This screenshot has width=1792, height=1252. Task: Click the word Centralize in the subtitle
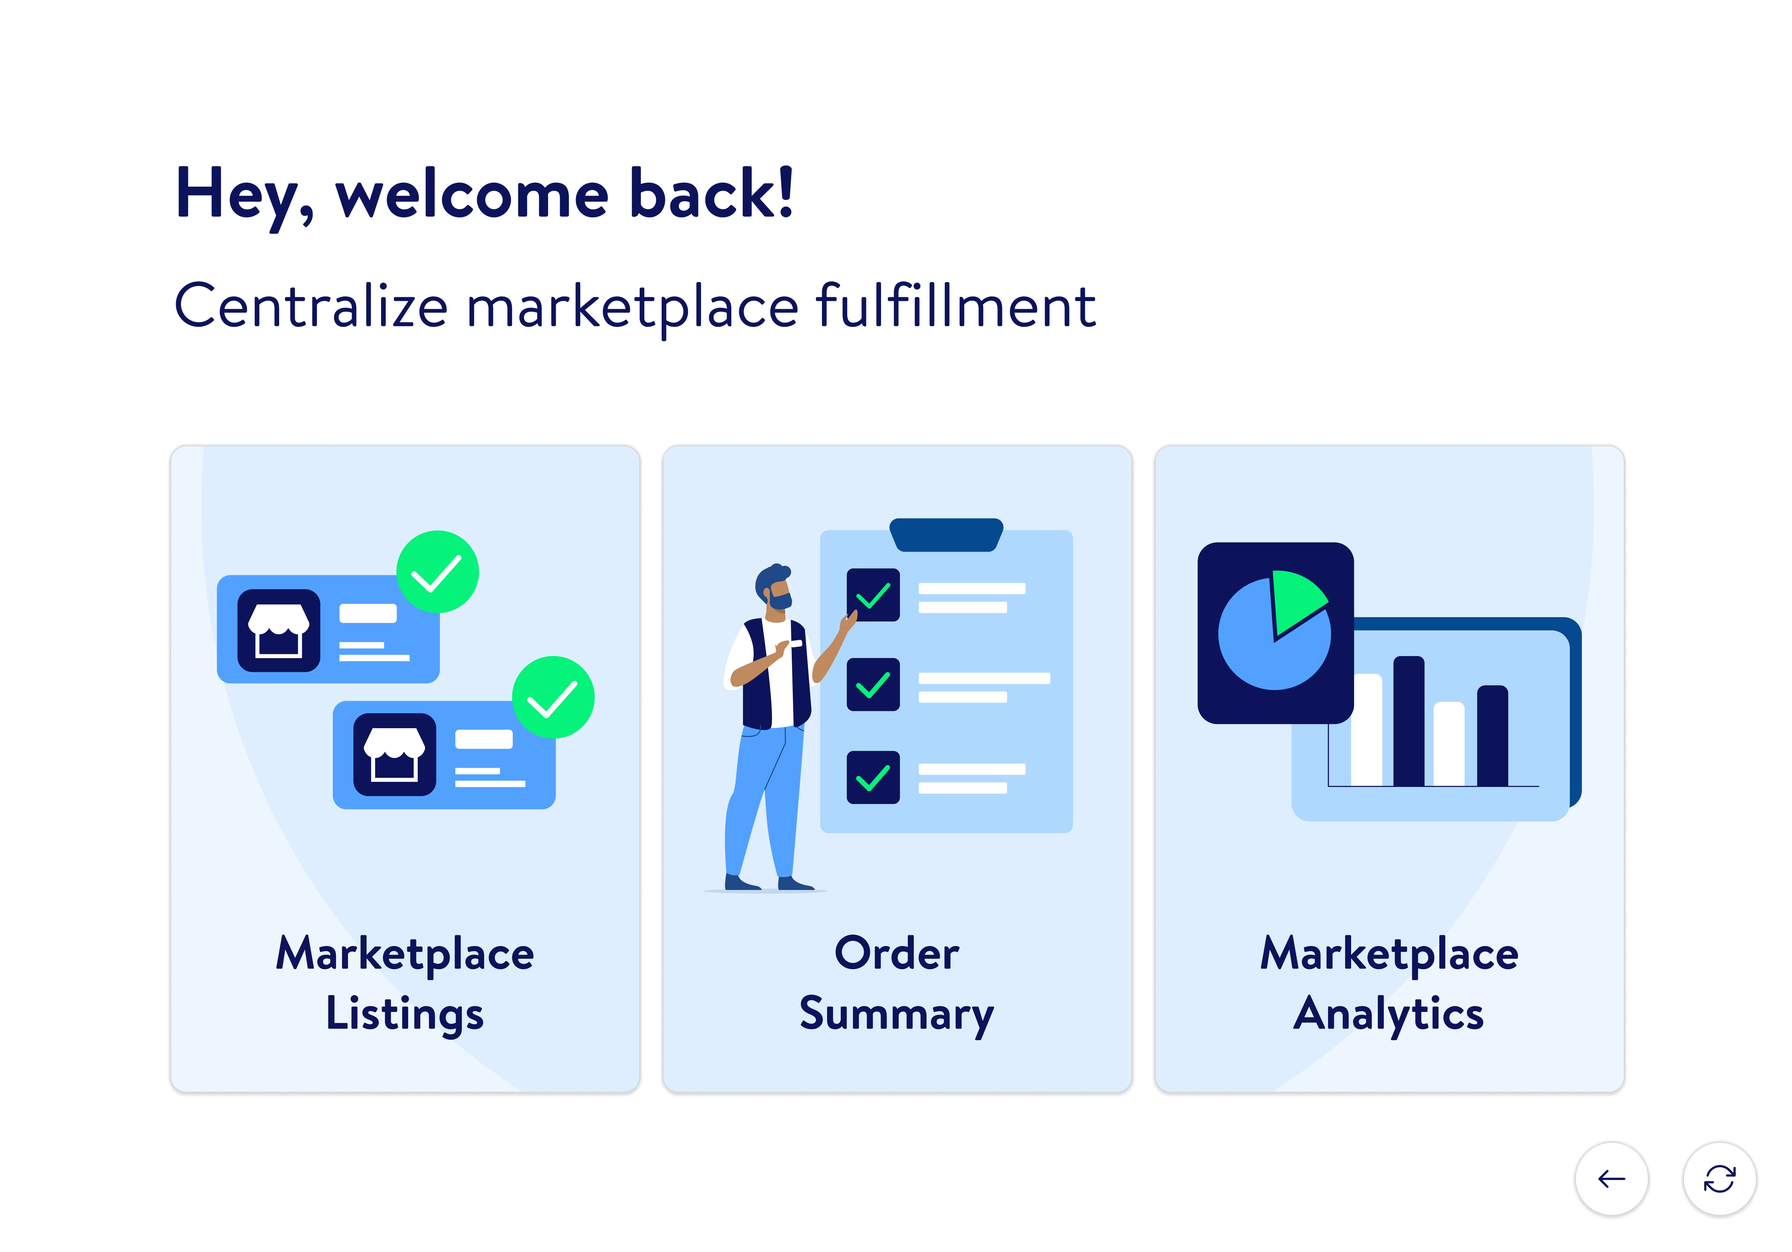[x=310, y=306]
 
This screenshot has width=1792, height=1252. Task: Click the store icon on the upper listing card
[x=279, y=630]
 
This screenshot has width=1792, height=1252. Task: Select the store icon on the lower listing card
[x=394, y=754]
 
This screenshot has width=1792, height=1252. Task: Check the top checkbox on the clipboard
[x=872, y=595]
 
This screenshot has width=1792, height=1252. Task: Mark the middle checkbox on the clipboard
[x=872, y=685]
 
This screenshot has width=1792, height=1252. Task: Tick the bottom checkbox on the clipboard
[x=872, y=777]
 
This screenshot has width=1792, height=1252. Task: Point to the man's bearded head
[x=774, y=585]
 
